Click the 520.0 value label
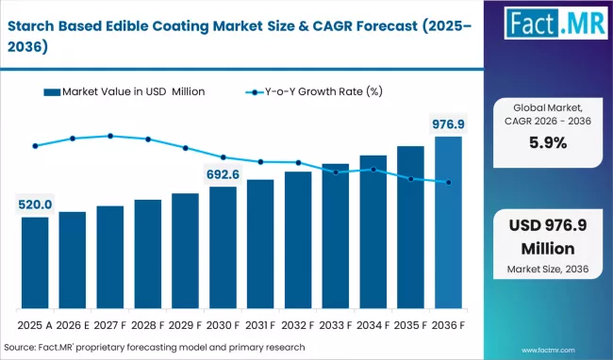35,205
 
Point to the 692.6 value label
223,174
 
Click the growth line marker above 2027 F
110,136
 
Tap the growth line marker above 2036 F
448,183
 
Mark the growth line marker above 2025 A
35,146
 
